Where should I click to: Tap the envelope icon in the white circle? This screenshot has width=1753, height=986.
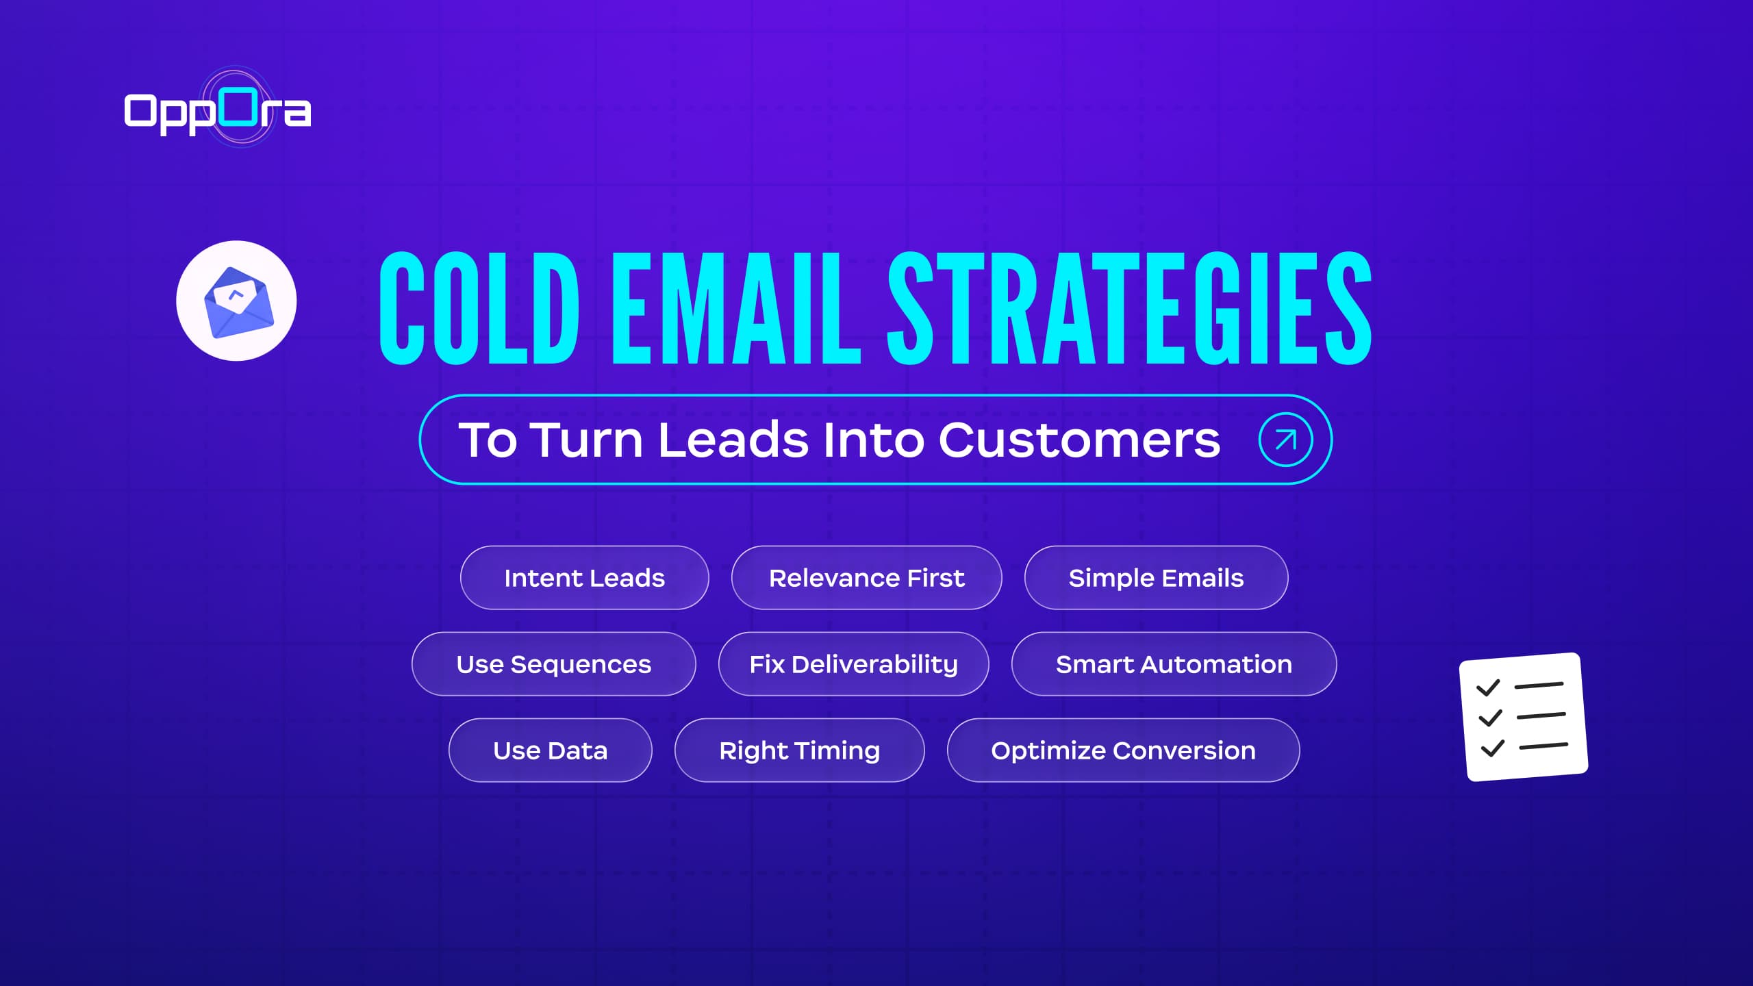(237, 301)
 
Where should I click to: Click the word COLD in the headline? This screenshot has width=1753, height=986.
(479, 308)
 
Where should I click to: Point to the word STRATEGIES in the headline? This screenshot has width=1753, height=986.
(1129, 308)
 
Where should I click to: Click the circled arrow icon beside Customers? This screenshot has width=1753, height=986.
(1285, 440)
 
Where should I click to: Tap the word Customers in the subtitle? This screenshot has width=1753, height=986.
(1079, 440)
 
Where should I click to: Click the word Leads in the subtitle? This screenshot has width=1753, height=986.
(733, 440)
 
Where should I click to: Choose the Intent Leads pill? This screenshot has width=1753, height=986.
(584, 578)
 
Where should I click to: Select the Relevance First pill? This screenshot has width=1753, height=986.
(866, 578)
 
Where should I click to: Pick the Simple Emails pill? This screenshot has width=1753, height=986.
(1156, 578)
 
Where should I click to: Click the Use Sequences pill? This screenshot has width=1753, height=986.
(553, 664)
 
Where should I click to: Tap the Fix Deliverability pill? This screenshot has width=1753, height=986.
(853, 664)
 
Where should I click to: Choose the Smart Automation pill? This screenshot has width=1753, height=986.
(1174, 664)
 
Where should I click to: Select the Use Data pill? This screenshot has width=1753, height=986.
(550, 750)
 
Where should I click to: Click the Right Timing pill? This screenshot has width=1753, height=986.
(799, 750)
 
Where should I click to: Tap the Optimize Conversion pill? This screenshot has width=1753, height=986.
(1123, 750)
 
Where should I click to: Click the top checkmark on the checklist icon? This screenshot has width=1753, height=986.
(1488, 687)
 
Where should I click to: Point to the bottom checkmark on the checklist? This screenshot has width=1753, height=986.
(1493, 748)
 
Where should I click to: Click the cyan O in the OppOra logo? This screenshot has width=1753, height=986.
(239, 107)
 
